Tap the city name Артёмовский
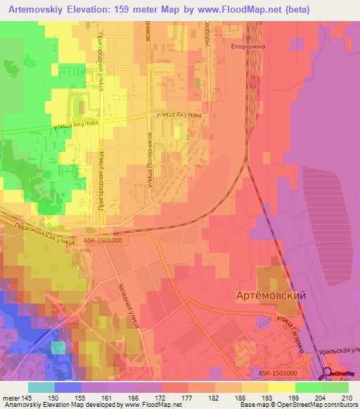(271, 296)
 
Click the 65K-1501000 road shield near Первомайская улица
(102, 239)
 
